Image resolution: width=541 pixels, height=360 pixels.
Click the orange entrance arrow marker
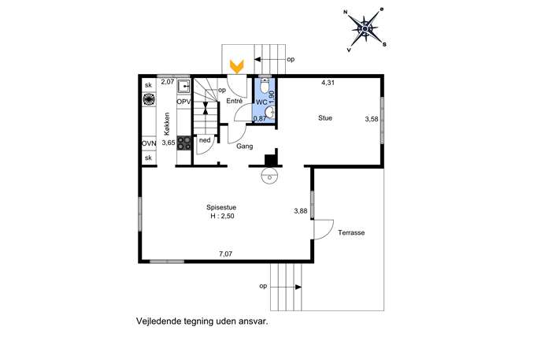tap(237, 66)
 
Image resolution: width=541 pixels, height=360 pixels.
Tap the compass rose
tap(365, 29)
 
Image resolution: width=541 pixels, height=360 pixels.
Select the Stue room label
tap(325, 118)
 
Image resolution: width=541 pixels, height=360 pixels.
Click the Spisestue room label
tap(221, 207)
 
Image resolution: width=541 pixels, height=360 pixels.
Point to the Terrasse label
tap(351, 232)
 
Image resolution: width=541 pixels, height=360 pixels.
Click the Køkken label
tap(167, 124)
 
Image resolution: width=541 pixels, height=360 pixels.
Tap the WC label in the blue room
tap(261, 102)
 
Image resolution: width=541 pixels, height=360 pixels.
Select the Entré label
tap(234, 101)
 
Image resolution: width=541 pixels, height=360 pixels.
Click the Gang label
tap(245, 147)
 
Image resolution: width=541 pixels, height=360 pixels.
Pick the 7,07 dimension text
tap(226, 254)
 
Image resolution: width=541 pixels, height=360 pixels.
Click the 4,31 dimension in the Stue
tap(328, 83)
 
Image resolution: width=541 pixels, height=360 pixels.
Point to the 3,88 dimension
tap(301, 211)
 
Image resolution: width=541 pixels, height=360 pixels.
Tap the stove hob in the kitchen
tap(184, 143)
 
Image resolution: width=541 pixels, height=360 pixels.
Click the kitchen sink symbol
tap(183, 87)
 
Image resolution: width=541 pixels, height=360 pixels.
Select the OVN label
tap(149, 143)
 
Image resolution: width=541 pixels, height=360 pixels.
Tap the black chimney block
tap(272, 158)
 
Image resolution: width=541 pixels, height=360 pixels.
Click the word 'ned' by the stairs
tap(205, 140)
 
